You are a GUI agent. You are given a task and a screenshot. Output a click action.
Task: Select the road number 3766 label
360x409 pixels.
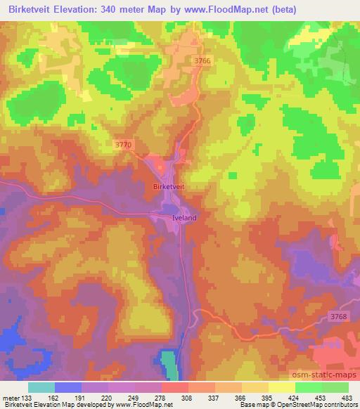click(x=202, y=62)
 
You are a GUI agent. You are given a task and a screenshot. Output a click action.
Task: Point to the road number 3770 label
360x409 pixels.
click(x=122, y=144)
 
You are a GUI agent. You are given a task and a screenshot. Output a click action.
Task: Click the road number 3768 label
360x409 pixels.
click(x=338, y=317)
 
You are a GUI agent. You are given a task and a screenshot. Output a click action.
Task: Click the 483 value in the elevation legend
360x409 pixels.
click(x=348, y=397)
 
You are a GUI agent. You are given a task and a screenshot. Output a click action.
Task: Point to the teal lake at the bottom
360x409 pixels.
click(x=169, y=364)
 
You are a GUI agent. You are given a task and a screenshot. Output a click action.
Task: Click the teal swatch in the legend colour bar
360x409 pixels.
click(x=41, y=387)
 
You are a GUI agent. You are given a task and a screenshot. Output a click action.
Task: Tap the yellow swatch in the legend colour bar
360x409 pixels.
click(x=281, y=387)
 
